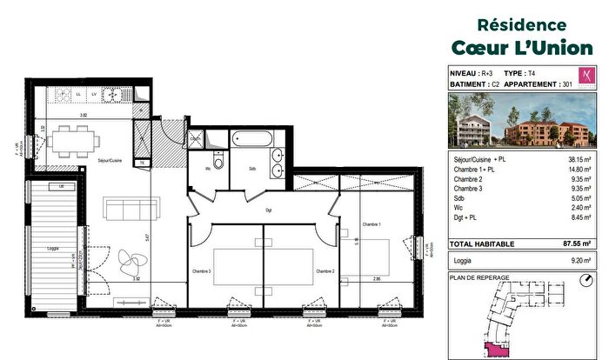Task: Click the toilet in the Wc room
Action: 218,161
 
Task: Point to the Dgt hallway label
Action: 270,210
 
